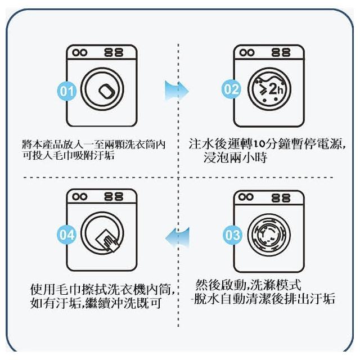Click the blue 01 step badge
(x=66, y=91)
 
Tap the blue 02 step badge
(x=231, y=89)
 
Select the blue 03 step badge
(x=232, y=235)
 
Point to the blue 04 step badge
(x=66, y=235)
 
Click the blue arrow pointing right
(x=177, y=91)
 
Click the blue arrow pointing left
(x=177, y=238)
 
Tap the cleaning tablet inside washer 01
(x=107, y=91)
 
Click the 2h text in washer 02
(x=276, y=89)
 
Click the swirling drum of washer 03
(x=269, y=235)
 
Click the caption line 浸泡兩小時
(x=235, y=157)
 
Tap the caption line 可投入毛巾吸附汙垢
(x=69, y=156)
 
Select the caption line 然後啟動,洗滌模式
(x=248, y=285)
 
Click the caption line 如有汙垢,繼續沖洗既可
(x=96, y=303)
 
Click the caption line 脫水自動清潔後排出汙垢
(x=264, y=299)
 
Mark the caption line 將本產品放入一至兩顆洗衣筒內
(x=94, y=145)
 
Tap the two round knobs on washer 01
(x=80, y=53)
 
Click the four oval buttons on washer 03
(x=281, y=198)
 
